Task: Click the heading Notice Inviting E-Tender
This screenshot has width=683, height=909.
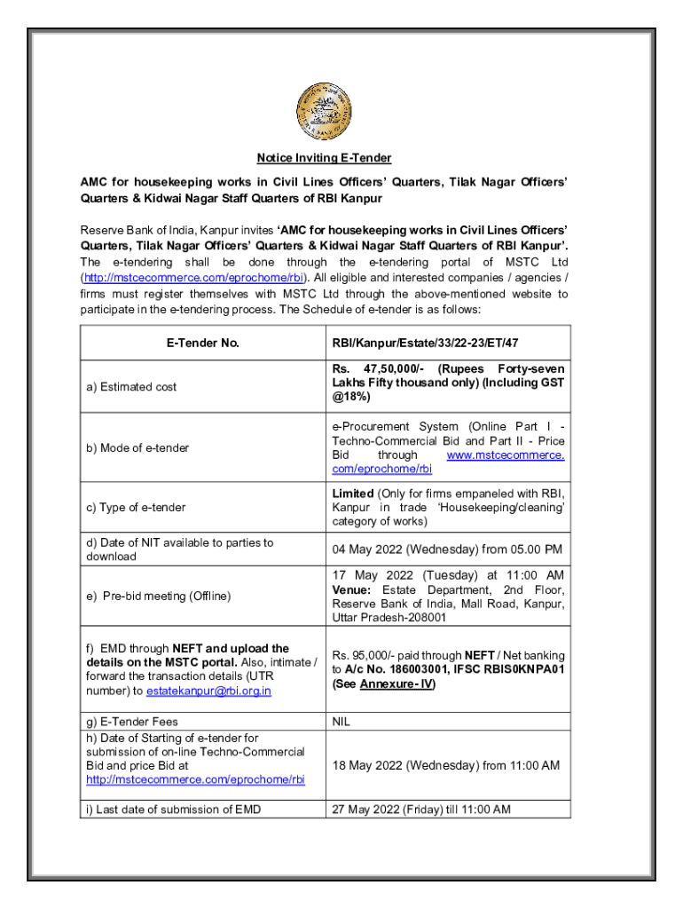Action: point(324,159)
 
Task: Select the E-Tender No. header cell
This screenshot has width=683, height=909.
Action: point(203,343)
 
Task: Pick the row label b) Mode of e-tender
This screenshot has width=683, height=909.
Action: point(137,448)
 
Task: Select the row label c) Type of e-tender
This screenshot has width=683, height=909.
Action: point(136,507)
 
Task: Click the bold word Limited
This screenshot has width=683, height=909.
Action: point(353,493)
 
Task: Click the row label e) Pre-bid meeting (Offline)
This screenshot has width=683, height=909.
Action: point(158,596)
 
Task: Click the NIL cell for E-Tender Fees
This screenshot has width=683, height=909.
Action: point(341,722)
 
